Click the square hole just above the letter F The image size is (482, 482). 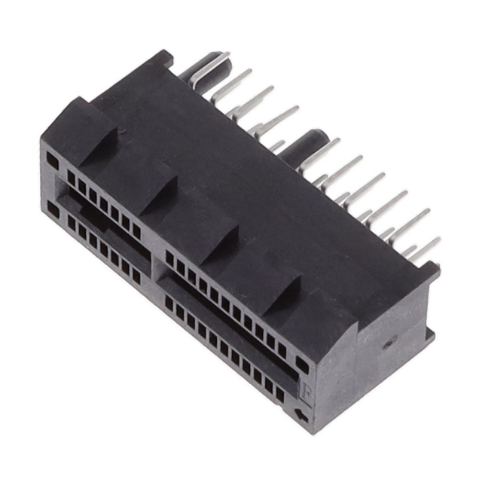[302, 365]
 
